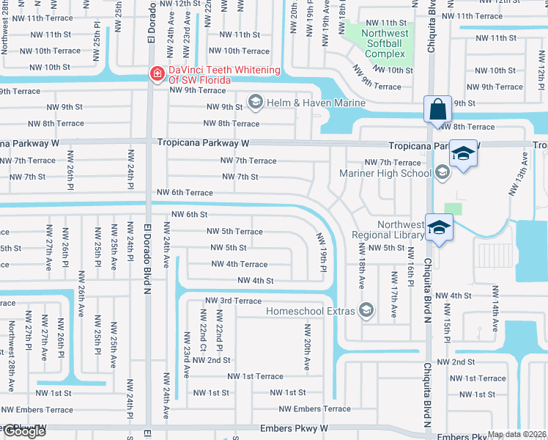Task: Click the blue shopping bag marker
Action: (437, 109)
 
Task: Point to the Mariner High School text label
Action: (385, 173)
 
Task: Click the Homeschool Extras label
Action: (311, 311)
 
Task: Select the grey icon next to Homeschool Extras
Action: (369, 311)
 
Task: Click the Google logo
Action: (23, 432)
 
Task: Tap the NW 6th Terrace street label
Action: (185, 193)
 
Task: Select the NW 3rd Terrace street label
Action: (233, 301)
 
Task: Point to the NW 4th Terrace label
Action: (239, 264)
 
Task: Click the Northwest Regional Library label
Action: (388, 230)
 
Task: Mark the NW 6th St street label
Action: (190, 214)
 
